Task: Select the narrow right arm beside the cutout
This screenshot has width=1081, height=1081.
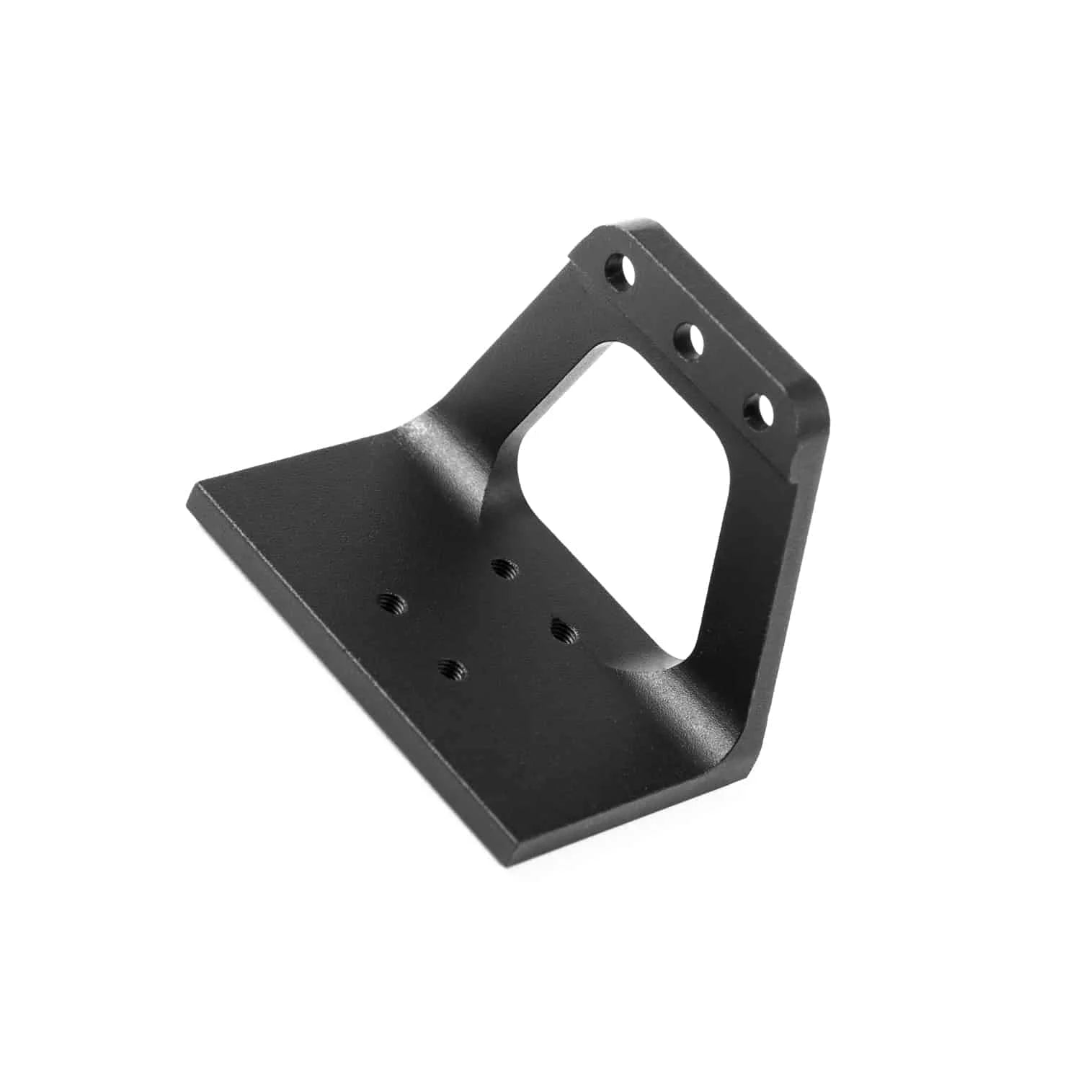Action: pos(749,577)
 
